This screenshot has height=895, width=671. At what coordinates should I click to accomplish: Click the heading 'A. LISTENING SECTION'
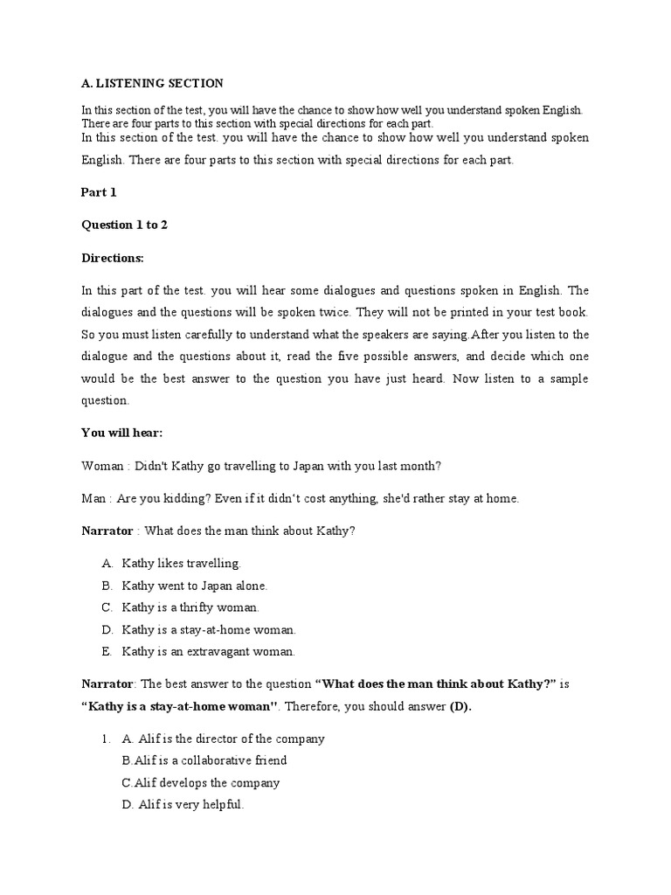click(152, 84)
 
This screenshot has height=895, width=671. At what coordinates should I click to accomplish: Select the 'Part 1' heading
click(99, 192)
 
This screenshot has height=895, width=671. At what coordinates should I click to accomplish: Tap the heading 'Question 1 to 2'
click(124, 225)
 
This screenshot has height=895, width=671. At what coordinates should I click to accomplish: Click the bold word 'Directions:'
click(112, 258)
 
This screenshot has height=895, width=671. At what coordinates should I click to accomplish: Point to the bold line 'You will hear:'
click(121, 432)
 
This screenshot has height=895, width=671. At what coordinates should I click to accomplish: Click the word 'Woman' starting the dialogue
click(102, 465)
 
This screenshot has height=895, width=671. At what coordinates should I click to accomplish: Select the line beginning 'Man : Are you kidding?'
click(300, 498)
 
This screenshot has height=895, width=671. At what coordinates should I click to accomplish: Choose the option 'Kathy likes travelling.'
click(181, 564)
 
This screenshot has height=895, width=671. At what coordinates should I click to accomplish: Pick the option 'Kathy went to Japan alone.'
click(194, 586)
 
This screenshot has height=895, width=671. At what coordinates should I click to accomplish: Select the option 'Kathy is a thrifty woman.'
click(190, 607)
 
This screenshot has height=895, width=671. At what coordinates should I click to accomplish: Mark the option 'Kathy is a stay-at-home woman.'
click(209, 629)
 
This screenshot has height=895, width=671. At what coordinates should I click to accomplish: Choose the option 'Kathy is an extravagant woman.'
click(208, 651)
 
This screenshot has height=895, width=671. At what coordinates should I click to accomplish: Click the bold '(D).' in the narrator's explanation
click(460, 706)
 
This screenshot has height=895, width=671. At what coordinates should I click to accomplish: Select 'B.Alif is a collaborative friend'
click(204, 760)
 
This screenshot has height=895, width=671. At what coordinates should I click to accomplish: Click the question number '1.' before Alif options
click(107, 739)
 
